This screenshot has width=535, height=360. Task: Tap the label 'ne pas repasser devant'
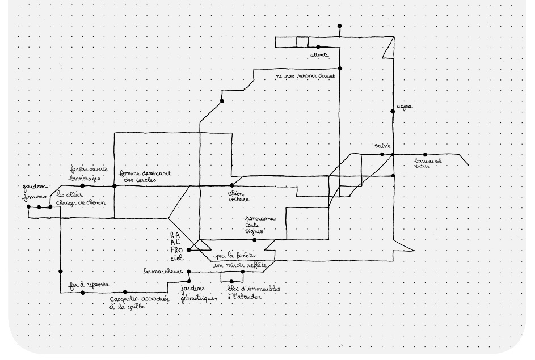coord(305,75)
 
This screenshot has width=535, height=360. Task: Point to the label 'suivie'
coord(383,146)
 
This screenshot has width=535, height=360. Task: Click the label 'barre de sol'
coord(428,161)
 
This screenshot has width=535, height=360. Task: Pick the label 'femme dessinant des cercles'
coord(145,177)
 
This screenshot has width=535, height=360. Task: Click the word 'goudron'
coord(36,187)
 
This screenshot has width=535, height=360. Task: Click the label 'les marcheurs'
coord(165,271)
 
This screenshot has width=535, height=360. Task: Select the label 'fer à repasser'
coord(86,284)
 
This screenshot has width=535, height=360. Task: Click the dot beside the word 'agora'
coord(393,111)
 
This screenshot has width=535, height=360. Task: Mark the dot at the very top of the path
coord(339,26)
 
